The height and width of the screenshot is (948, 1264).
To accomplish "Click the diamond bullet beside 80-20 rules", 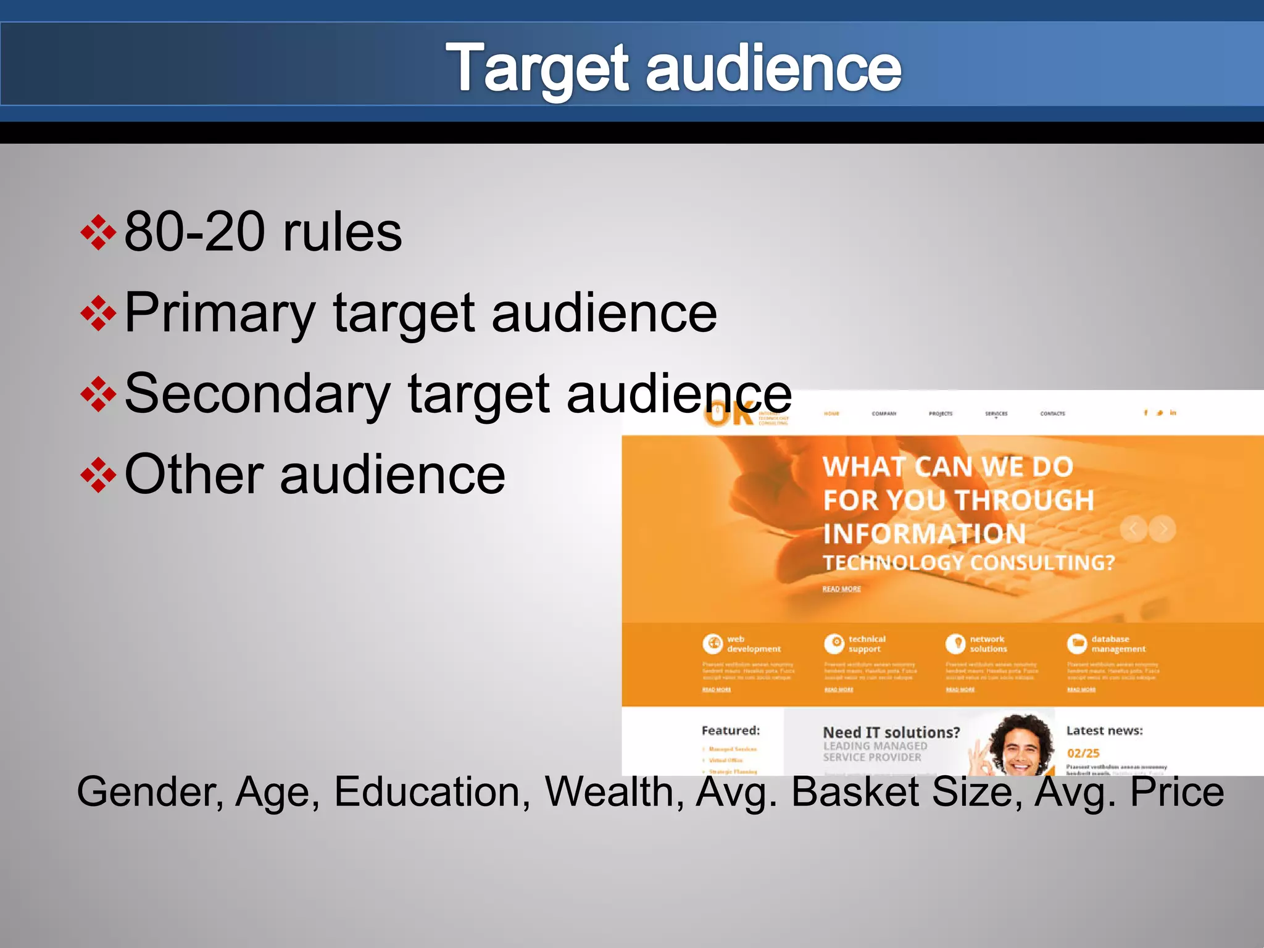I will (98, 233).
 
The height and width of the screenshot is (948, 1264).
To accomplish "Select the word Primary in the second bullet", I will (220, 314).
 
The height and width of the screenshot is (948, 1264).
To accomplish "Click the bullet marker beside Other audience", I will (98, 475).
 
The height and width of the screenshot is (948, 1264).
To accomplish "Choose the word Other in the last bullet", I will (194, 475).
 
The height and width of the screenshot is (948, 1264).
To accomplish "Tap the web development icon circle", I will (712, 644).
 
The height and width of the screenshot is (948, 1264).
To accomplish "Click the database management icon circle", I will (1077, 644).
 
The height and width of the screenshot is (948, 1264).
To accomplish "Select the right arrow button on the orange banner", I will (1163, 529).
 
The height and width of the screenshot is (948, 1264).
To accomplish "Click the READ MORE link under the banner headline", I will (841, 589).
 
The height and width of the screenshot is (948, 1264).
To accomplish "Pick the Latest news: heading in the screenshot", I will (1104, 731).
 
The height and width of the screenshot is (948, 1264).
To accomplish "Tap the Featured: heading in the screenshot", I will (731, 731).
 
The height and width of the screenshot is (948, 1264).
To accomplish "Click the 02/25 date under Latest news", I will (1083, 753).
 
